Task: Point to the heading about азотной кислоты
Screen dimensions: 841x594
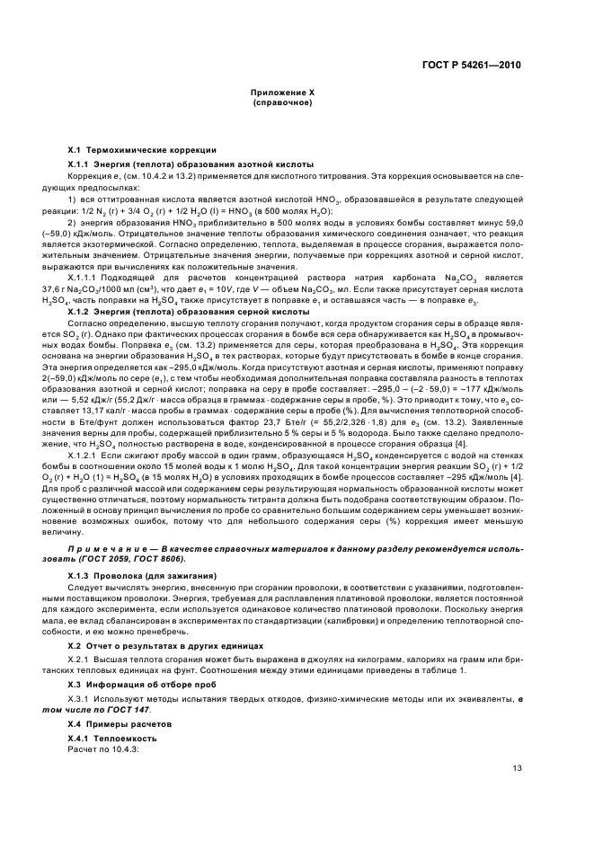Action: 191,165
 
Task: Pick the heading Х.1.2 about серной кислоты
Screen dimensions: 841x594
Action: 189,311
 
